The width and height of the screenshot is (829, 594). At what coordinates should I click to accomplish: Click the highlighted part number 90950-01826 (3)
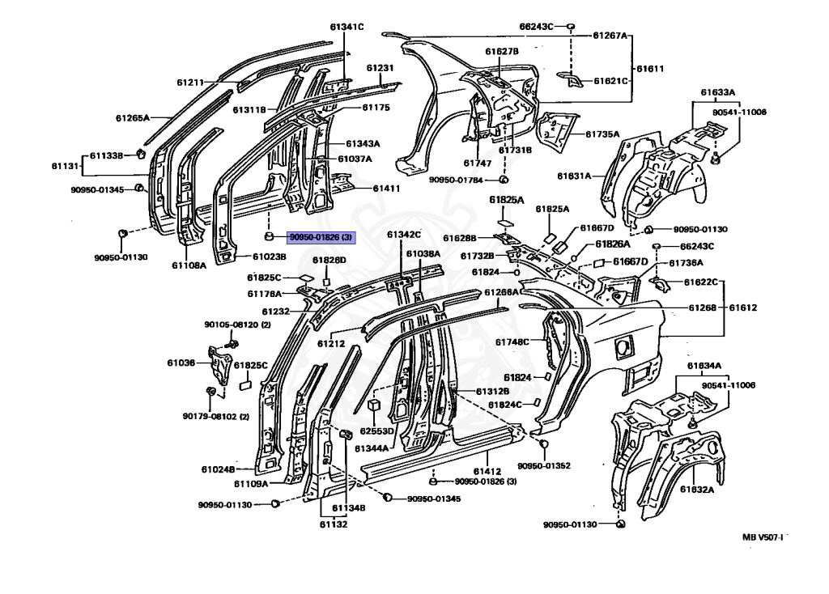(x=321, y=237)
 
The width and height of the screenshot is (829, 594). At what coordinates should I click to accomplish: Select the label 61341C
(x=346, y=27)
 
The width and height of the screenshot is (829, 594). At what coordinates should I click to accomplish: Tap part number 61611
(x=650, y=68)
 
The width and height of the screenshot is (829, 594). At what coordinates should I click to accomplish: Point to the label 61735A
(x=602, y=134)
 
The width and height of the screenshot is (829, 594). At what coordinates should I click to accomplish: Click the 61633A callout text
(x=718, y=92)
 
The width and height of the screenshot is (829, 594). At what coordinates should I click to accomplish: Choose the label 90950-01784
(x=456, y=180)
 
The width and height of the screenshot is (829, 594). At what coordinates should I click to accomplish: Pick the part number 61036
(x=181, y=363)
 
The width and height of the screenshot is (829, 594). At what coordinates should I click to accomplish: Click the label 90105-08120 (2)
(x=237, y=325)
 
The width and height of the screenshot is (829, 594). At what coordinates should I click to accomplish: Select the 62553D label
(x=376, y=431)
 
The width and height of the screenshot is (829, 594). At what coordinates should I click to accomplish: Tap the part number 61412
(x=487, y=471)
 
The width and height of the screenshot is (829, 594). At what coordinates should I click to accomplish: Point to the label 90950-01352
(x=544, y=465)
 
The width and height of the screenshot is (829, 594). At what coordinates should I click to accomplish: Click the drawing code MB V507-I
(x=763, y=537)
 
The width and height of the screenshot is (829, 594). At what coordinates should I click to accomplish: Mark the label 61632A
(x=697, y=490)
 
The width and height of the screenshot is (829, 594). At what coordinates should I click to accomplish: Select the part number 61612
(x=743, y=308)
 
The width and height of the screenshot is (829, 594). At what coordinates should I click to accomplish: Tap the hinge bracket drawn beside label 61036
(x=219, y=366)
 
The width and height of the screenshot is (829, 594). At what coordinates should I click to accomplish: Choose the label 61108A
(x=189, y=265)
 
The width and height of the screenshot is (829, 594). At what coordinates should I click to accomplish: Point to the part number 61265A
(x=133, y=118)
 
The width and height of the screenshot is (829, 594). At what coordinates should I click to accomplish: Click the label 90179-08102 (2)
(x=215, y=417)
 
